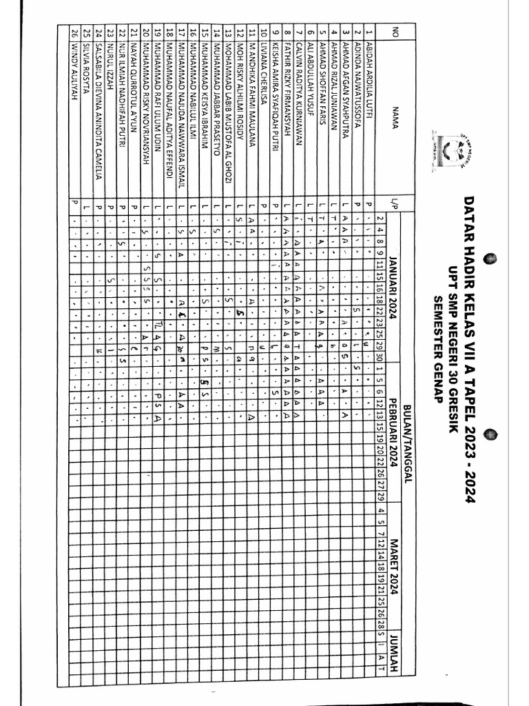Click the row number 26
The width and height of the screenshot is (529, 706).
click(x=74, y=34)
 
